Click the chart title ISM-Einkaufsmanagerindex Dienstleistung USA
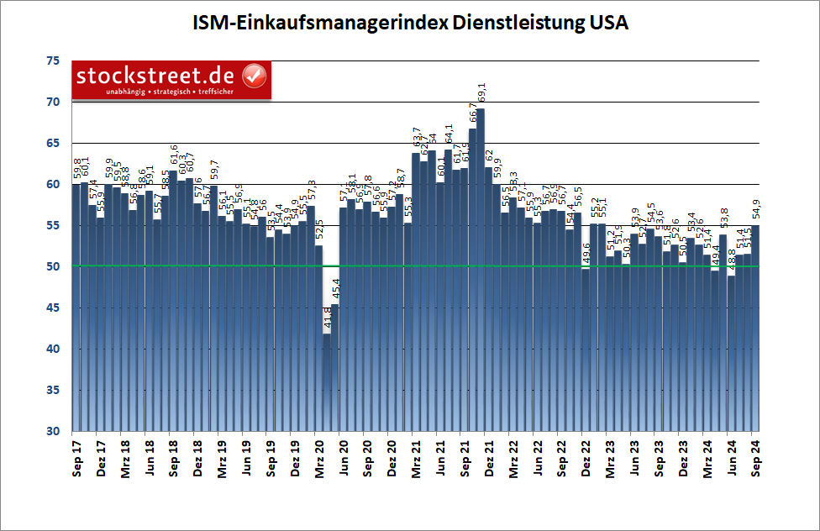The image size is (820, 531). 409,23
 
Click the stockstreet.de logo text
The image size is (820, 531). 156,76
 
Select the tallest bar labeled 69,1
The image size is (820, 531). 481,269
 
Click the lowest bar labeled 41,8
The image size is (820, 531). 327,382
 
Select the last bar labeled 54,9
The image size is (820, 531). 755,328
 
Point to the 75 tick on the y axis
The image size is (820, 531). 53,61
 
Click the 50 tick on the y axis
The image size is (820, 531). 53,266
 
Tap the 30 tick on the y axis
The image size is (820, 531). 53,431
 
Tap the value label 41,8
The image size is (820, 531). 328,319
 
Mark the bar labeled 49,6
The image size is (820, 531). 586,350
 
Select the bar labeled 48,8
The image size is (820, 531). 731,353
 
